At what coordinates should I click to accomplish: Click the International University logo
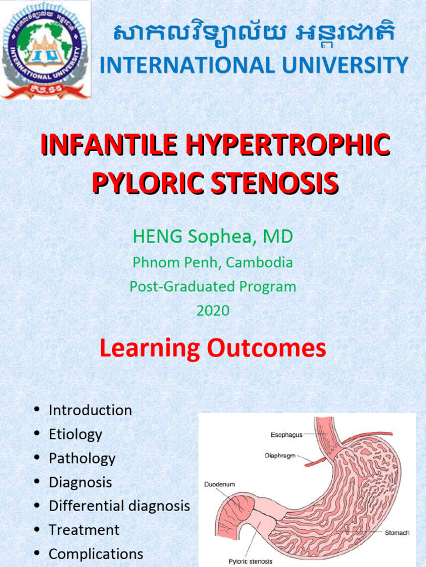click(45, 50)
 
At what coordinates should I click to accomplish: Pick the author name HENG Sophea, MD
click(213, 237)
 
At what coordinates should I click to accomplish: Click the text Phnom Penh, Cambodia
click(213, 262)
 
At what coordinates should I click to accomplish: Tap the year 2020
click(213, 311)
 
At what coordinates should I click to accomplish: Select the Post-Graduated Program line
click(213, 287)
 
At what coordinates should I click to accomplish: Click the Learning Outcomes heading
click(213, 348)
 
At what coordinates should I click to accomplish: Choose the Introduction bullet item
click(90, 410)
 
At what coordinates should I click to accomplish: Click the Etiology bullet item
click(75, 434)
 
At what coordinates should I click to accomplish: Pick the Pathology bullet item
click(82, 458)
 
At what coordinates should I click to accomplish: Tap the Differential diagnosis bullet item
click(119, 506)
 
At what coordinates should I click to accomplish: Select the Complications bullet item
click(96, 554)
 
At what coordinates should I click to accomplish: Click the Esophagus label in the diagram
click(286, 435)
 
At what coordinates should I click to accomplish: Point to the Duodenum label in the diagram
click(219, 484)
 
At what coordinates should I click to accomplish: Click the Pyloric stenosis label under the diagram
click(250, 561)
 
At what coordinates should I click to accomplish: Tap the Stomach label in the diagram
click(397, 533)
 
